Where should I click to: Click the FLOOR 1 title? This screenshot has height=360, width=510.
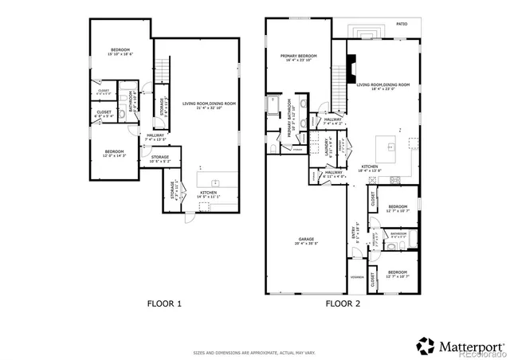tap(164, 303)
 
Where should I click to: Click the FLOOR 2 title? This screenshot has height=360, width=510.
tap(343, 303)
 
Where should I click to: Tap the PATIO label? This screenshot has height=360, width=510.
tap(402, 25)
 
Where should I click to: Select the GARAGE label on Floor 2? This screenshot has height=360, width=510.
tap(306, 241)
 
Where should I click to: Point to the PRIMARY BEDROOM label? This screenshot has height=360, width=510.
tap(299, 58)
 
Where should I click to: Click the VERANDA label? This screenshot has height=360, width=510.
tap(356, 277)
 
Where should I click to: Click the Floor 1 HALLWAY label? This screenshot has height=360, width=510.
tap(155, 136)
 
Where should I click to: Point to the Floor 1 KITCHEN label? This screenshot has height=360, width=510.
tap(209, 194)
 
